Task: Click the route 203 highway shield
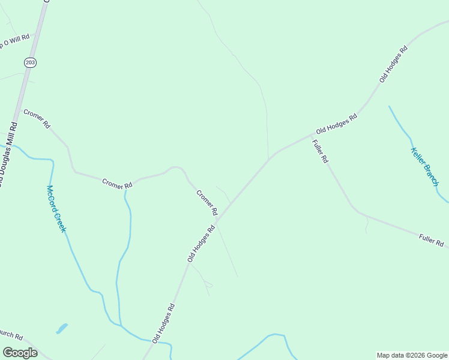click(30, 62)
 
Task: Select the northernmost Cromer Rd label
click(37, 119)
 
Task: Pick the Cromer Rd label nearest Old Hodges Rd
click(206, 203)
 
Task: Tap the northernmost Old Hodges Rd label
click(393, 64)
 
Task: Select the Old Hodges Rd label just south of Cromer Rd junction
click(201, 243)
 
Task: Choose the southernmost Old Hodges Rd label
click(163, 323)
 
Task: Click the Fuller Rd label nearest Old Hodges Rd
click(321, 151)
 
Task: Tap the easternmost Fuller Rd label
click(431, 241)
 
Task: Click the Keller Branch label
click(424, 166)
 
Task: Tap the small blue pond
click(61, 329)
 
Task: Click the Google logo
click(20, 352)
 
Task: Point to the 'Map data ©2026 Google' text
click(412, 355)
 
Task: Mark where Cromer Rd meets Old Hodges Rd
click(218, 221)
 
